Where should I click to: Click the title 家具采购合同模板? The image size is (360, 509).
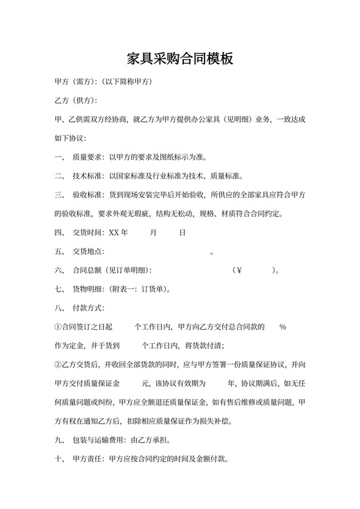[x=179, y=59]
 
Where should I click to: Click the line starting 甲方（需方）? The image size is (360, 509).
[x=104, y=83]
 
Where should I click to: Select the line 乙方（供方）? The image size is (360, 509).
[x=76, y=101]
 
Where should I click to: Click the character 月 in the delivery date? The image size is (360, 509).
[x=153, y=233]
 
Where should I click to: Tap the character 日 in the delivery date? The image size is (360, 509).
[x=183, y=233]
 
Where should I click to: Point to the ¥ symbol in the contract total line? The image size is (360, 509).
[x=239, y=270]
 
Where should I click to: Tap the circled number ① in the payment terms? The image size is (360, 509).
[x=59, y=326]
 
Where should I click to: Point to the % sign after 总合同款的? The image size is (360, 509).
[x=283, y=326]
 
